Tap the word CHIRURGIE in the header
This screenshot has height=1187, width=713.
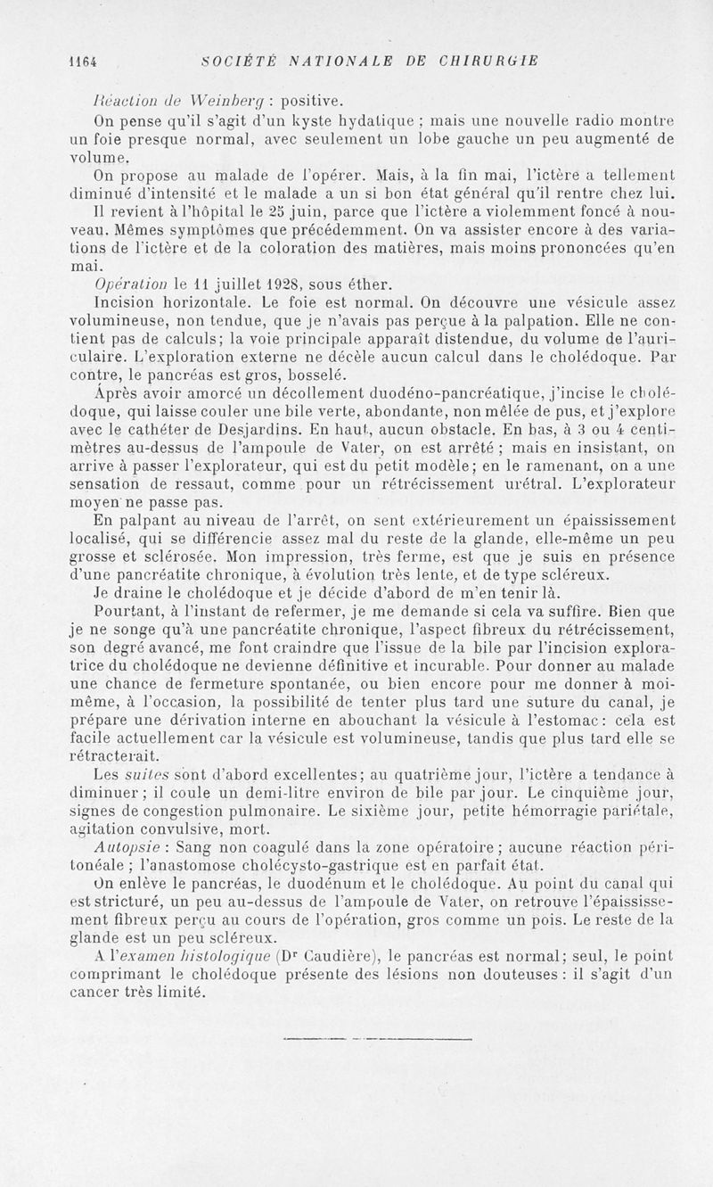[x=494, y=61]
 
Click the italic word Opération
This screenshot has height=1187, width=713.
[x=131, y=285]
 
